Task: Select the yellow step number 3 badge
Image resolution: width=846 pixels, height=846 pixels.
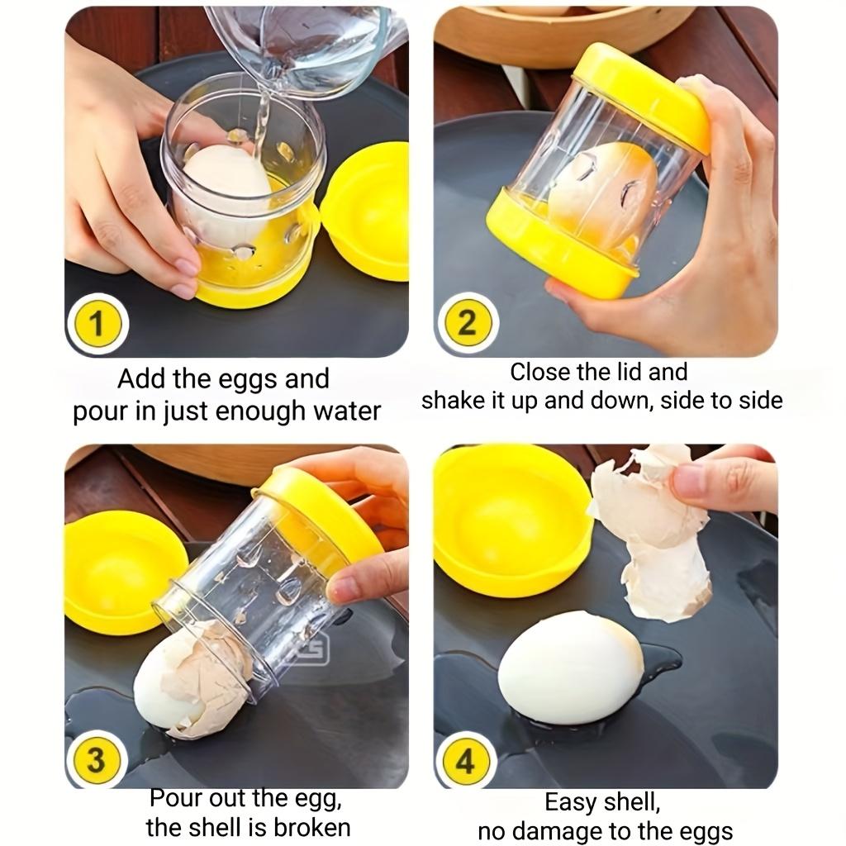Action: point(96,758)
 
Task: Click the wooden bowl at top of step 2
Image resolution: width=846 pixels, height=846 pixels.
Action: point(562,33)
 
